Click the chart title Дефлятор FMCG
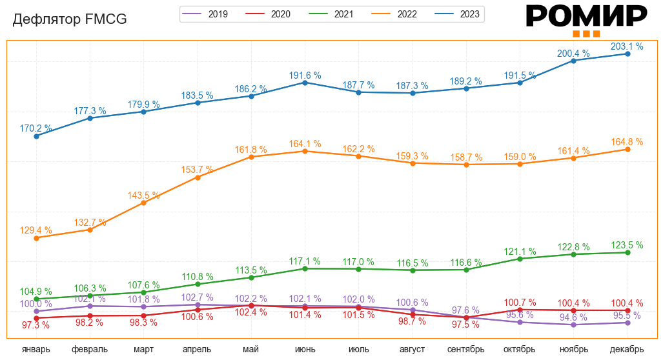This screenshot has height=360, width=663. (x=70, y=19)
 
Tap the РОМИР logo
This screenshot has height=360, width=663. (x=586, y=18)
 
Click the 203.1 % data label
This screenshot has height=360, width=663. (x=627, y=46)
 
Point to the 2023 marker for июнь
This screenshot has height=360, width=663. (x=305, y=83)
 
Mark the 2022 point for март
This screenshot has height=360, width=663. (x=143, y=203)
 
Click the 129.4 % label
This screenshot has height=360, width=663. (x=36, y=230)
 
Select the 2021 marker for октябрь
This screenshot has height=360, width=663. (x=520, y=259)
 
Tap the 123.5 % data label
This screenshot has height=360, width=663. (x=627, y=245)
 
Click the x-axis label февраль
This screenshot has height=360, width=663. (x=90, y=349)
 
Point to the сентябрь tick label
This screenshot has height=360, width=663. (x=466, y=349)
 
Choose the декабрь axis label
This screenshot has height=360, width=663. (x=627, y=349)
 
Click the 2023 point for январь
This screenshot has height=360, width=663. (x=36, y=136)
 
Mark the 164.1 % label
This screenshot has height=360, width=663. (x=305, y=143)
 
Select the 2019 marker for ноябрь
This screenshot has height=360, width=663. (x=573, y=325)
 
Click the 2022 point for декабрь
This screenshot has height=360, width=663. (x=627, y=150)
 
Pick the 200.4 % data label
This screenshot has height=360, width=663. (x=573, y=52)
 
